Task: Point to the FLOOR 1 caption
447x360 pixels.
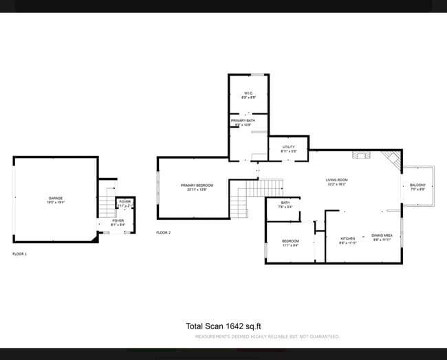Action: click(x=20, y=254)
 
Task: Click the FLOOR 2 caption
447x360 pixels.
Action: click(x=163, y=233)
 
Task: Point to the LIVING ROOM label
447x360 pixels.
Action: click(x=336, y=181)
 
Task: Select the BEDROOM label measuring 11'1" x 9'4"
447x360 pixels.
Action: click(x=290, y=242)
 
